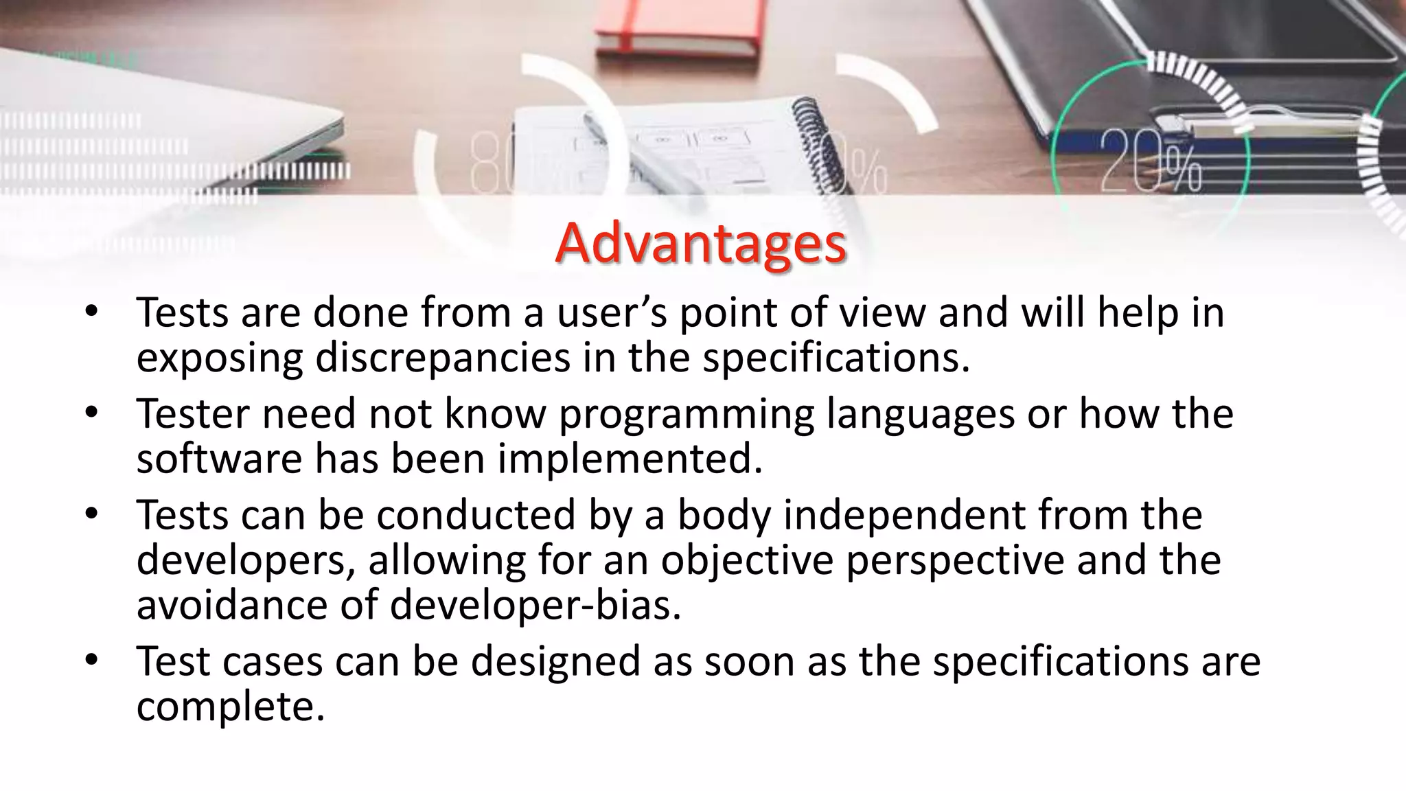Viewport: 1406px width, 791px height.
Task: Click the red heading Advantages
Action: pyautogui.click(x=700, y=244)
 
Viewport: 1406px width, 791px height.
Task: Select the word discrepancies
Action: pyautogui.click(x=443, y=358)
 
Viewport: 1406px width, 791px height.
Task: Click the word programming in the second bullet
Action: pyautogui.click(x=686, y=414)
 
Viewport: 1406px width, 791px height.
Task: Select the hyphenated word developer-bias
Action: pyautogui.click(x=535, y=605)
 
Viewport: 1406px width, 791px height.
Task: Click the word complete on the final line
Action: pyautogui.click(x=230, y=707)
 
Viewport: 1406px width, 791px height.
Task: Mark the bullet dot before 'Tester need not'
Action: pyautogui.click(x=92, y=413)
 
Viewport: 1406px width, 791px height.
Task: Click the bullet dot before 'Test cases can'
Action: pyautogui.click(x=92, y=661)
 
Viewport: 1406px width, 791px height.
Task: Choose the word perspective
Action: pyautogui.click(x=955, y=560)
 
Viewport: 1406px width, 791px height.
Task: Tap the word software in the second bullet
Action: pyautogui.click(x=219, y=459)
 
